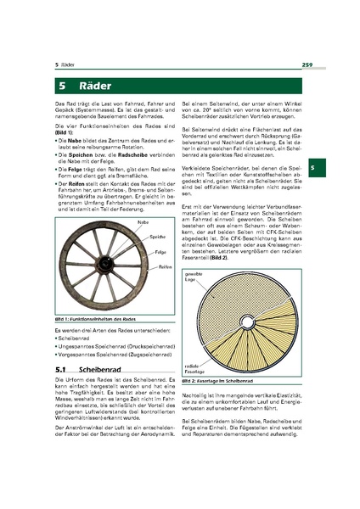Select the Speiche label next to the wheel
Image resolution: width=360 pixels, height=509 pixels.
(155, 237)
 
